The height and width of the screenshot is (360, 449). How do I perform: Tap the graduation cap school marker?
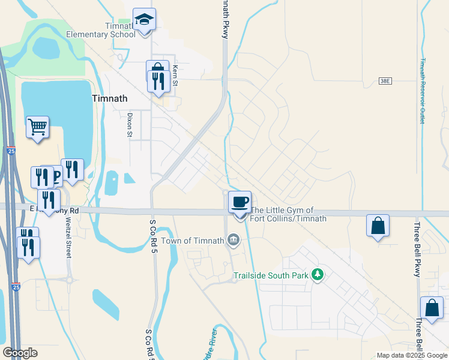[x=144, y=20]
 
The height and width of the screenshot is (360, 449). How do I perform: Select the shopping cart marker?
[x=38, y=127]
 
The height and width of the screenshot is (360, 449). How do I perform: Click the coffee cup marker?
[x=240, y=203]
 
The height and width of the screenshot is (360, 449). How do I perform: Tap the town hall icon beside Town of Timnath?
[x=234, y=241]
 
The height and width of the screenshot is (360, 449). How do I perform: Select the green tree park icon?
[x=318, y=275]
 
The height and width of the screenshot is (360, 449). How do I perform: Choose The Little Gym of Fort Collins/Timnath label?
[x=288, y=214]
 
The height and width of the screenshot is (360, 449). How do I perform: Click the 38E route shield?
[x=385, y=80]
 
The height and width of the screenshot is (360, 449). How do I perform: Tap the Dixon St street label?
[x=129, y=125]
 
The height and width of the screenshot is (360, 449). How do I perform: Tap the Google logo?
[x=20, y=353]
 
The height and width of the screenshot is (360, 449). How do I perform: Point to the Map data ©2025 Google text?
[x=411, y=355]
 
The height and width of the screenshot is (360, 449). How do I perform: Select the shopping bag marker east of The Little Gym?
[x=378, y=226]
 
